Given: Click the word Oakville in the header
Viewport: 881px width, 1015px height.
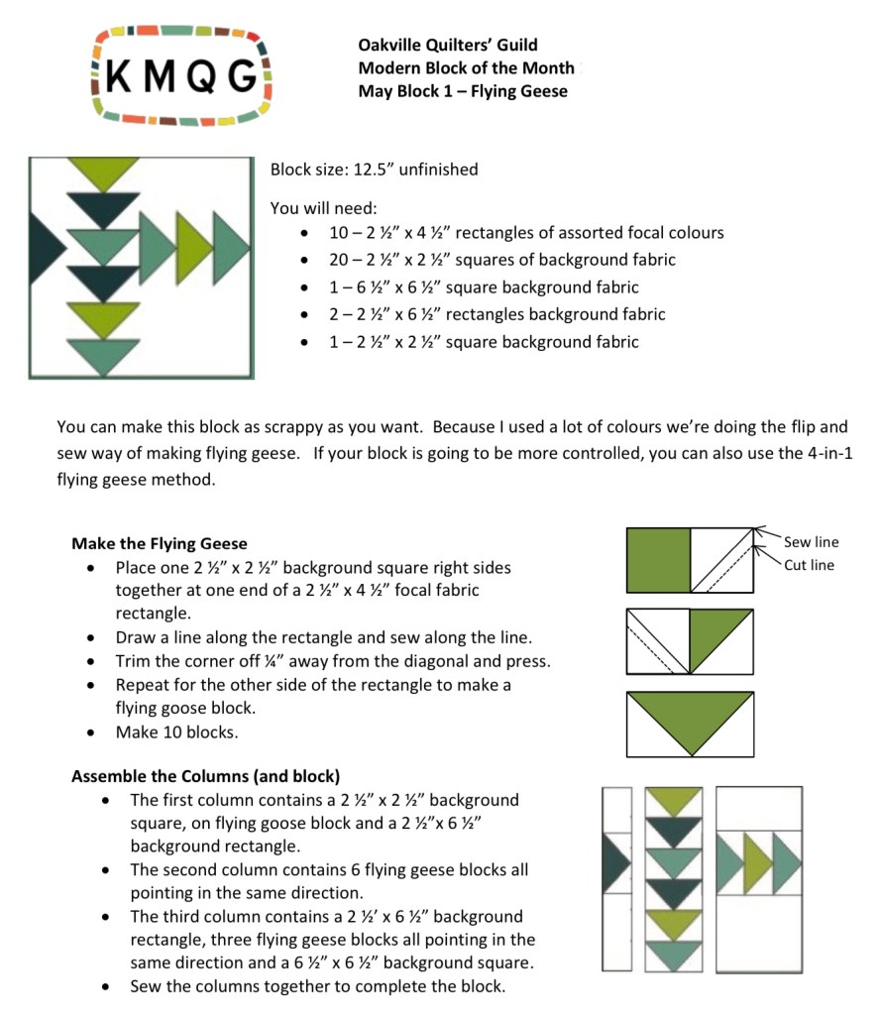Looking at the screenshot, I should coord(391,45).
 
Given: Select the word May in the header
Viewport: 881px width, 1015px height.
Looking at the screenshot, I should coord(375,91).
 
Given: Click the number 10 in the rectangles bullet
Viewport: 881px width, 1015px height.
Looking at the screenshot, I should coord(338,233).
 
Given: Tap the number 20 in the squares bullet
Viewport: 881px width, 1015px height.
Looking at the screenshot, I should coord(338,260).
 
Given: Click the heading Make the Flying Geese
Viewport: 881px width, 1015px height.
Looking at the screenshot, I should coord(160,543).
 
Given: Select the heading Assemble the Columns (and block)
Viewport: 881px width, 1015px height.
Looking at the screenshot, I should coord(205,776).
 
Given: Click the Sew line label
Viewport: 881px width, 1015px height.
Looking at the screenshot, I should coord(811,542).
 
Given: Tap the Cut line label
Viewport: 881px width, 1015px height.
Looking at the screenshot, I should coord(809,566).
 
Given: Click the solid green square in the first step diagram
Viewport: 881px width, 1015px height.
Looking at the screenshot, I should coord(659,560).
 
